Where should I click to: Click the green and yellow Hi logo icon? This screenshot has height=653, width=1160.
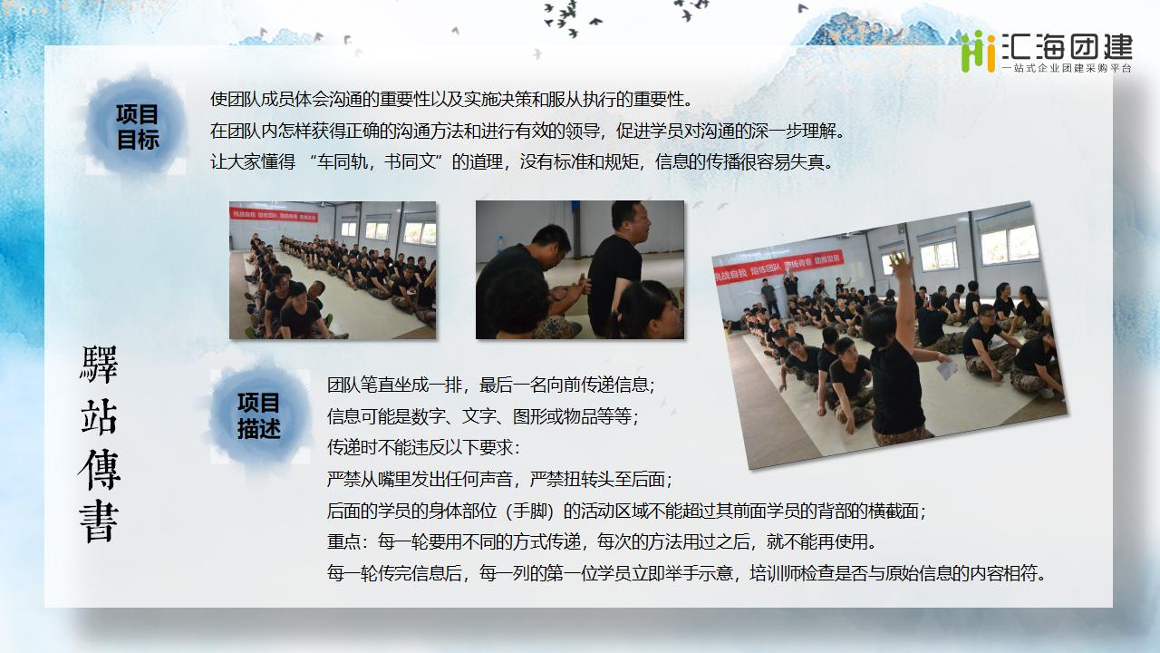click(x=978, y=52)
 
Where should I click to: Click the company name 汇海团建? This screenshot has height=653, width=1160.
click(x=1068, y=47)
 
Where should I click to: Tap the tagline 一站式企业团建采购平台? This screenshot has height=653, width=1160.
click(x=1068, y=68)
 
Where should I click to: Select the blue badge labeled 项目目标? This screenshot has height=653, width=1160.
click(x=137, y=127)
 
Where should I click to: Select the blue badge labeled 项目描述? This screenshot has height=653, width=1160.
click(x=258, y=415)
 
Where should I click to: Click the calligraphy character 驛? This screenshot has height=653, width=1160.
click(x=99, y=365)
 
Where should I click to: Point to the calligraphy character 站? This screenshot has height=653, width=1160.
click(x=99, y=416)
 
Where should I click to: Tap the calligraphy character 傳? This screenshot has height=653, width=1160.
click(x=99, y=470)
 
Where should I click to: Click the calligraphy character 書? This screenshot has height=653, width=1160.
click(x=99, y=521)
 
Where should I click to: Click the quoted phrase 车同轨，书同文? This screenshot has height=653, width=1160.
click(x=375, y=162)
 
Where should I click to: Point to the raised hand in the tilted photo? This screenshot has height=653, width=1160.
click(x=902, y=264)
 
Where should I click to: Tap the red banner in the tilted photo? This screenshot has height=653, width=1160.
click(x=778, y=267)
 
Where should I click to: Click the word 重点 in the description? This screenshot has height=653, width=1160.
click(x=343, y=542)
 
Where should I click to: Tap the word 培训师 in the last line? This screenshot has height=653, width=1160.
click(x=775, y=573)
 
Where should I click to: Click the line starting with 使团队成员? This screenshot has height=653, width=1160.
click(x=450, y=100)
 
